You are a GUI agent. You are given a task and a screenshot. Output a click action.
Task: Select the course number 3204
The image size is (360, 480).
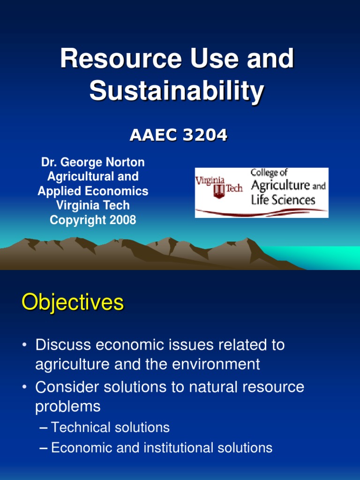205,135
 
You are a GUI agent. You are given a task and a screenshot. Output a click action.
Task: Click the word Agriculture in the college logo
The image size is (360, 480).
280,186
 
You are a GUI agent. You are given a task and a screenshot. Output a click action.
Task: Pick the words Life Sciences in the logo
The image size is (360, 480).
283,201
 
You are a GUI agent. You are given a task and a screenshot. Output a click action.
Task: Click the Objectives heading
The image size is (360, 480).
73,303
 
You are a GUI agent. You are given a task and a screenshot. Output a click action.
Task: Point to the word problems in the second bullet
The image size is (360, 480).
68,406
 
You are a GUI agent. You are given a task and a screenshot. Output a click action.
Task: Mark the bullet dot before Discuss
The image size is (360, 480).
24,346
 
